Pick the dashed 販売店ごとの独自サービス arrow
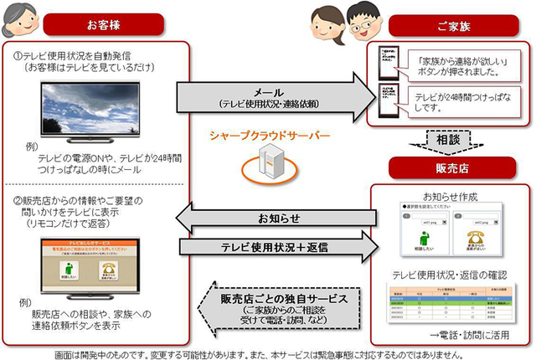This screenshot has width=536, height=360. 277,302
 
